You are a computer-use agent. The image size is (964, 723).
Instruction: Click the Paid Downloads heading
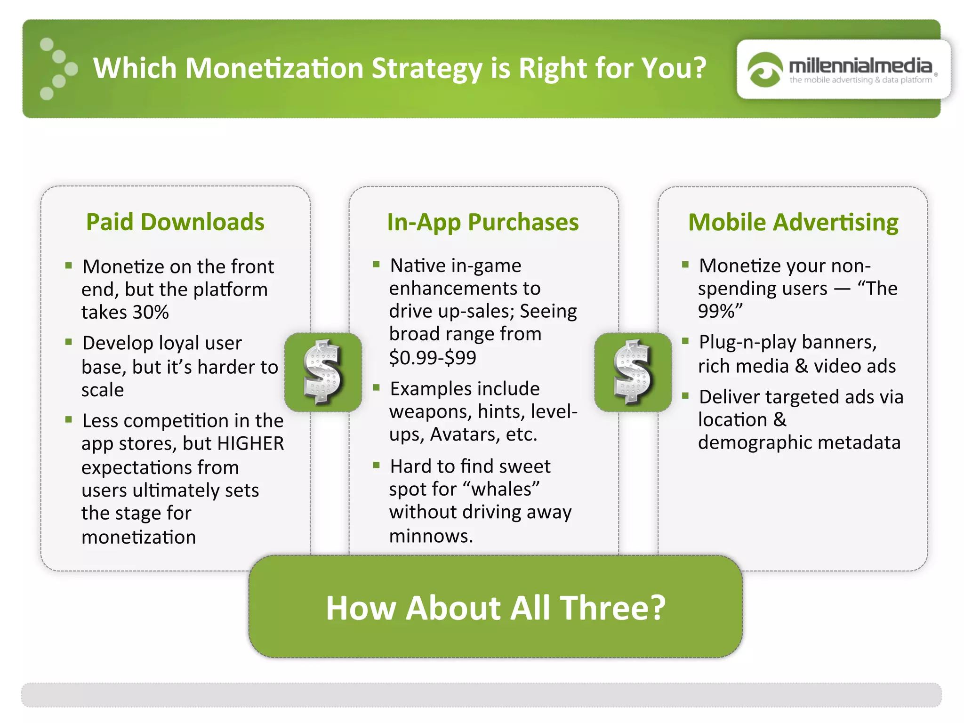[x=175, y=222]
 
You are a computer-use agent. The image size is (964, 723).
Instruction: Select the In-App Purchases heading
[x=482, y=222]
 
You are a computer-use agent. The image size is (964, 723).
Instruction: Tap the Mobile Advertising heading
[x=793, y=222]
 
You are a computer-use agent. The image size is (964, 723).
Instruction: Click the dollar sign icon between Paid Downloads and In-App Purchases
[x=323, y=372]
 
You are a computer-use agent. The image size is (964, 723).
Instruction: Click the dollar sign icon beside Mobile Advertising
[x=633, y=372]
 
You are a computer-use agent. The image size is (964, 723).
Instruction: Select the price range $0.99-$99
[x=433, y=357]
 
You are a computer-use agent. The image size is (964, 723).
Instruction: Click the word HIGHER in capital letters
[x=251, y=443]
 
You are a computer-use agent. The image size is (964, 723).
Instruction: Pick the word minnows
[x=431, y=536]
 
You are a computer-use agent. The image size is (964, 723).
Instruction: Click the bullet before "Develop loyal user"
[x=69, y=342]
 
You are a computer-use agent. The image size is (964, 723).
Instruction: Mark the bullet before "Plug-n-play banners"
[x=685, y=340]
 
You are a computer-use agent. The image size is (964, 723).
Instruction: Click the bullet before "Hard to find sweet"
[x=376, y=465]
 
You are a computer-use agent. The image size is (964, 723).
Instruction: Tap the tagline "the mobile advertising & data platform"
[x=860, y=80]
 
